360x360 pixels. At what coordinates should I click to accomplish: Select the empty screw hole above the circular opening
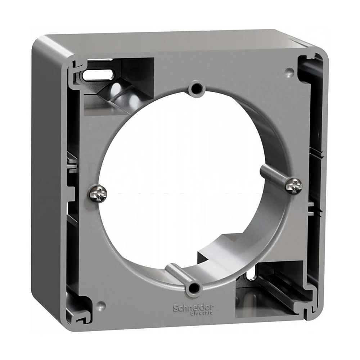click(x=197, y=87)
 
